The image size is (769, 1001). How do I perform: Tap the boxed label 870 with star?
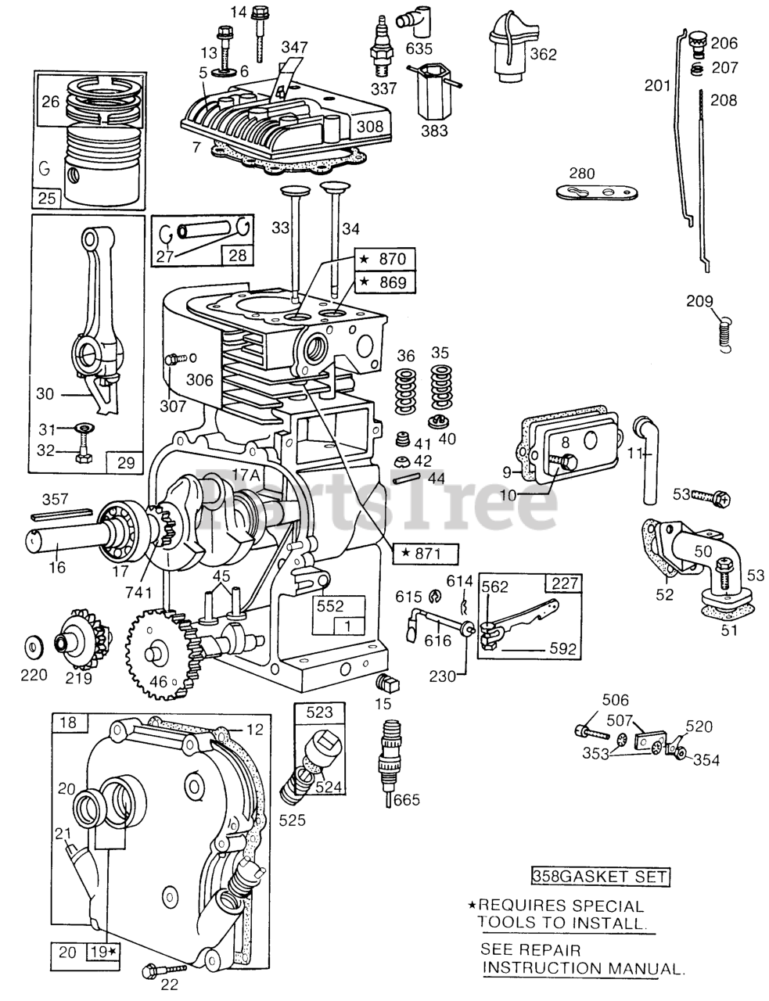(383, 260)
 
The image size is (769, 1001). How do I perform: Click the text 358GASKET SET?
(600, 877)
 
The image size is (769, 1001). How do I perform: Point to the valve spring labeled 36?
(405, 382)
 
